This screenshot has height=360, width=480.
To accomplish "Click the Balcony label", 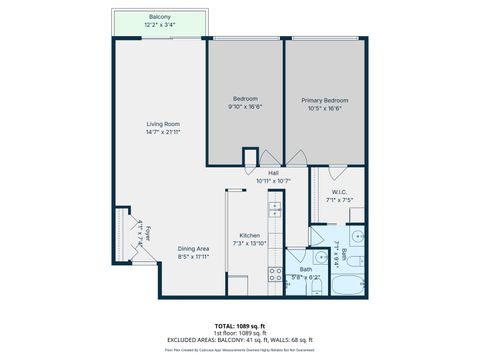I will coord(159,17).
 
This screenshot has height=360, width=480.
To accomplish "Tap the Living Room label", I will coord(162,124).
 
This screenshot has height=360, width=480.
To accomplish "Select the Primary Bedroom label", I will coord(325,100).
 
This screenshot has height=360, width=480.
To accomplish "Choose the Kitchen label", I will coord(250,236).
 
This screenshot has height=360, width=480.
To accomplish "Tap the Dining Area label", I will coord(193,248).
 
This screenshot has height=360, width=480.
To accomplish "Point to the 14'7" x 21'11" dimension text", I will coord(162,131).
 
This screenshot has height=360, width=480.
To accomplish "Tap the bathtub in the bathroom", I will coord(345,284).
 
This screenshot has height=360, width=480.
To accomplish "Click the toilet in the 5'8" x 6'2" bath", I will coord(315,286).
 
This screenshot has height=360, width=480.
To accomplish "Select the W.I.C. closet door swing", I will coord(338,172).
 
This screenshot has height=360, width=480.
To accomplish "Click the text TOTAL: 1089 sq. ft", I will coord(240,326).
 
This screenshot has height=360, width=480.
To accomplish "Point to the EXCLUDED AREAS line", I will coord(240,340).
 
